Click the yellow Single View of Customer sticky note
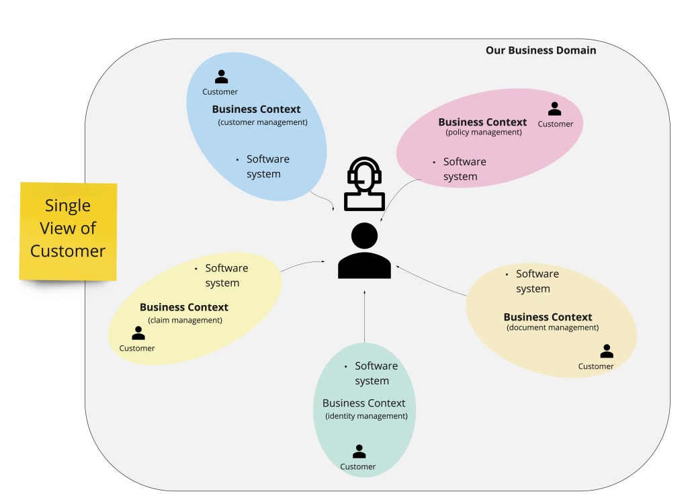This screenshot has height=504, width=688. click(x=68, y=230)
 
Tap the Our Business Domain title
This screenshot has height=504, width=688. click(x=540, y=50)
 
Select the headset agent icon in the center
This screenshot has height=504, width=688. click(x=364, y=184)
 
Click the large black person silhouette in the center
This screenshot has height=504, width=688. click(x=364, y=251)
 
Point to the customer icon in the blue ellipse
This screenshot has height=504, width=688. click(x=221, y=77)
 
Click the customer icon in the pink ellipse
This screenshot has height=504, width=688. click(x=554, y=109)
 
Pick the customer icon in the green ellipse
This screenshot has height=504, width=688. click(x=359, y=452)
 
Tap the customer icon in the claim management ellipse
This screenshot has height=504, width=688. click(x=138, y=333)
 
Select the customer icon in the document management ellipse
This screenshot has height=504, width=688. click(x=607, y=351)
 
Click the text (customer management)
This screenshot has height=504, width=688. click(x=263, y=122)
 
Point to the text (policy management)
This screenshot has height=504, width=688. click(x=483, y=132)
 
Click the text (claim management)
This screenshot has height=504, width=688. click(x=185, y=320)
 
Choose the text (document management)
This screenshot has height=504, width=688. click(x=552, y=328)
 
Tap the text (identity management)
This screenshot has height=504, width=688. click(x=366, y=416)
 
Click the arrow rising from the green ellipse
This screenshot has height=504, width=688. click(x=364, y=316)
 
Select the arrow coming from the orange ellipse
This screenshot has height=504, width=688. click(x=430, y=280)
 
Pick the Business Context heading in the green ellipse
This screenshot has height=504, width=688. click(x=363, y=403)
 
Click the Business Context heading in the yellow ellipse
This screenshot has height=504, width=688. click(x=184, y=307)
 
